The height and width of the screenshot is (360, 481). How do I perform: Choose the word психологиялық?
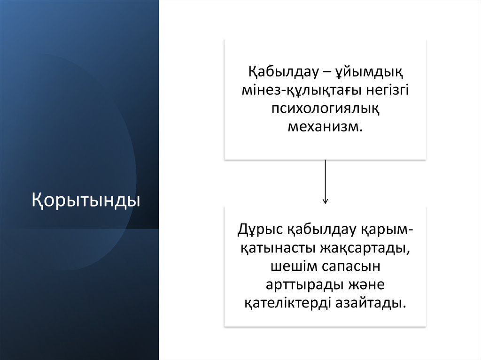pyautogui.click(x=325, y=109)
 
